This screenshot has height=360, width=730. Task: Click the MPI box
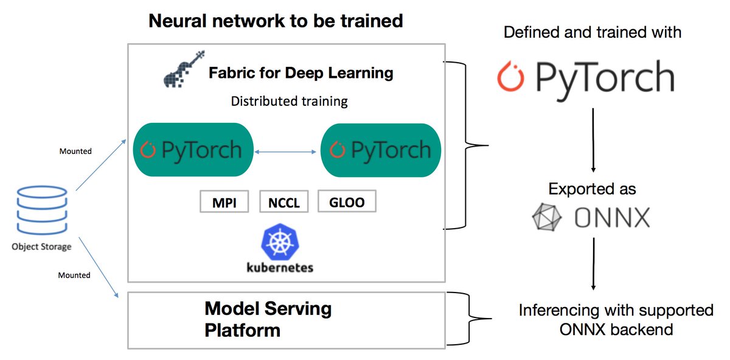tap(225, 201)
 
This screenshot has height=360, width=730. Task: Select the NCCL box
tap(284, 201)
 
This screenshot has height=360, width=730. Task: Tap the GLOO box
tap(346, 201)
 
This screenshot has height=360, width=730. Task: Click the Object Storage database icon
tap(41, 210)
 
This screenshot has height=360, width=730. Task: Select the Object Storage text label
tap(41, 246)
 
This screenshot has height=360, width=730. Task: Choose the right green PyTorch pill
tap(380, 150)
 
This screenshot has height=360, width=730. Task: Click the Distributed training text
tap(289, 101)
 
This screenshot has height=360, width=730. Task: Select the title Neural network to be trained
tap(276, 21)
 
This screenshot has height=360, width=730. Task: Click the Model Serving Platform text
tap(268, 319)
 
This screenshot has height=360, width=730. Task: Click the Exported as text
tap(592, 189)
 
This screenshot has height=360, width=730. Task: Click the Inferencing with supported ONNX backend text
tap(616, 320)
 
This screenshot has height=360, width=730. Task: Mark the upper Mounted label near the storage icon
tap(75, 151)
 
